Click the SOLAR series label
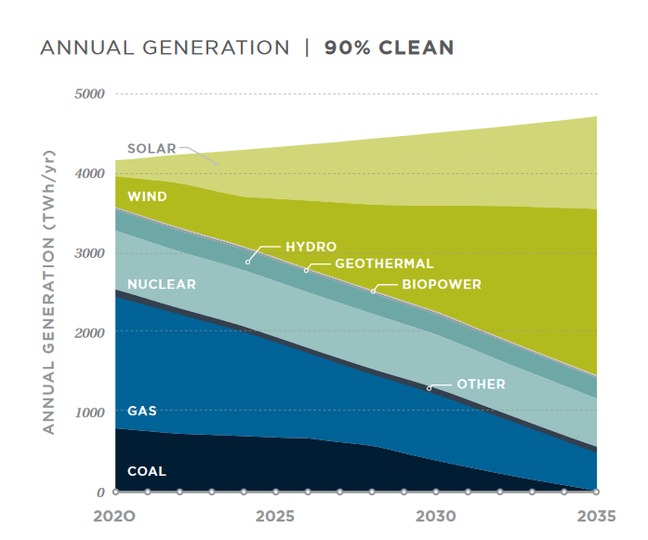151,148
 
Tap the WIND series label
147,196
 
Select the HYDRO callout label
311,247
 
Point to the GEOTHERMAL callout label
384,264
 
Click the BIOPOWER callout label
442,284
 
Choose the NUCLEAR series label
162,284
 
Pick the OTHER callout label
481,384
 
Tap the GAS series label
142,410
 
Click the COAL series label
147,471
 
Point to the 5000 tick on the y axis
89,94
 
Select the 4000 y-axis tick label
89,173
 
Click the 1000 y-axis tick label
89,412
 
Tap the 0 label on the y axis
100,492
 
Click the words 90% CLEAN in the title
389,47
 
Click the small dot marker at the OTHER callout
429,387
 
